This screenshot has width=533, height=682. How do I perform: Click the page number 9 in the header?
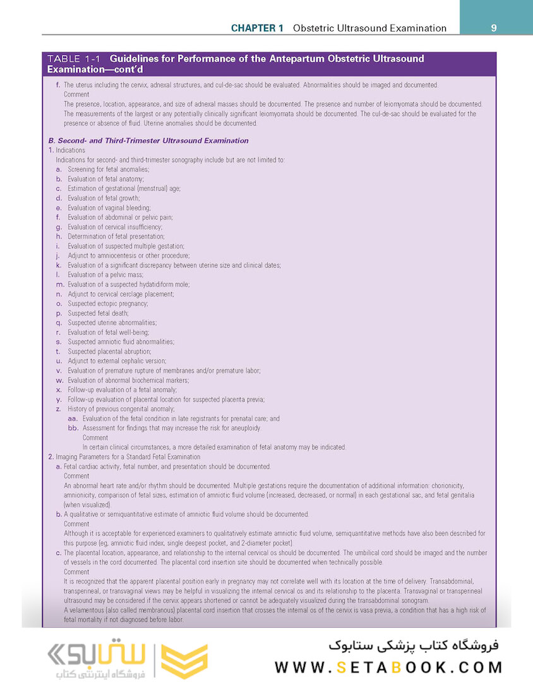click(x=494, y=28)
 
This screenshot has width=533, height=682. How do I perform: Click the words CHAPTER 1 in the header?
click(x=257, y=28)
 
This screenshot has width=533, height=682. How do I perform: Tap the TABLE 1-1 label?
click(x=74, y=59)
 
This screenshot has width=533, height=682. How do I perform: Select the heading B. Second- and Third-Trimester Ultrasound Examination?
click(x=148, y=140)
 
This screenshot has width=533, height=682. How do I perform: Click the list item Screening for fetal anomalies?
click(x=108, y=169)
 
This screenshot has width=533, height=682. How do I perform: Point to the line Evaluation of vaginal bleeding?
click(x=109, y=208)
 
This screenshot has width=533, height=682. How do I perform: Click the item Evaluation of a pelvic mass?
click(x=105, y=275)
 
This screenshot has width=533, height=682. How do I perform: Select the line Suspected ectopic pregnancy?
click(x=108, y=303)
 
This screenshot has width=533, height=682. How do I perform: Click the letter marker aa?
click(x=73, y=418)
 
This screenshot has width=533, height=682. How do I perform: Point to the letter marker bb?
click(x=73, y=428)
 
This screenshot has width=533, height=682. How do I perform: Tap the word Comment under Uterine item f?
click(x=76, y=94)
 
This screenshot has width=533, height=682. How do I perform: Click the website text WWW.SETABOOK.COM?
click(x=388, y=667)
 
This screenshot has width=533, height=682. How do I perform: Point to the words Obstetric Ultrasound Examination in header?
click(x=370, y=28)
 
